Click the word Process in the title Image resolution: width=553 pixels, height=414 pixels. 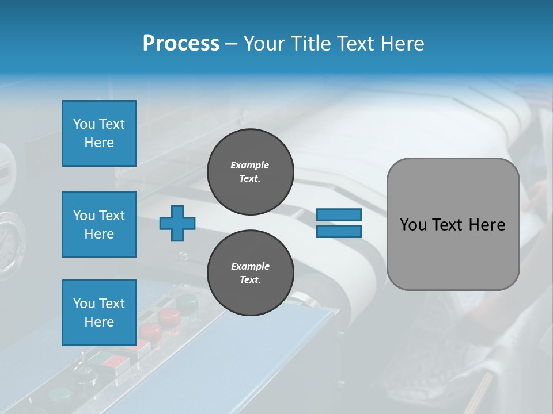pyautogui.click(x=181, y=44)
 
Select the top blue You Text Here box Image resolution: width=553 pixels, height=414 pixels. pyautogui.click(x=99, y=133)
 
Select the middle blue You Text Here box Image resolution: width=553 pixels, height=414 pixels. pyautogui.click(x=99, y=224)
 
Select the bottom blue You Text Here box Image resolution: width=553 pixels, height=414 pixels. pyautogui.click(x=99, y=312)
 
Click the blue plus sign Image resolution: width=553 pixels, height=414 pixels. pyautogui.click(x=177, y=223)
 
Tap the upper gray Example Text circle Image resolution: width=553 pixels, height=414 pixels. pyautogui.click(x=250, y=172)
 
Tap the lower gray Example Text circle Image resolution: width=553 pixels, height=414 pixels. pyautogui.click(x=250, y=273)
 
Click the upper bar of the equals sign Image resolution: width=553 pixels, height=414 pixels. pyautogui.click(x=339, y=214)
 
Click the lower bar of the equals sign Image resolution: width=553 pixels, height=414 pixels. pyautogui.click(x=339, y=231)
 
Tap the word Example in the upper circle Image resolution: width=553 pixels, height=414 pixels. pyautogui.click(x=250, y=165)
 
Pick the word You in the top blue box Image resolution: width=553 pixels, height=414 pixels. pyautogui.click(x=84, y=124)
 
